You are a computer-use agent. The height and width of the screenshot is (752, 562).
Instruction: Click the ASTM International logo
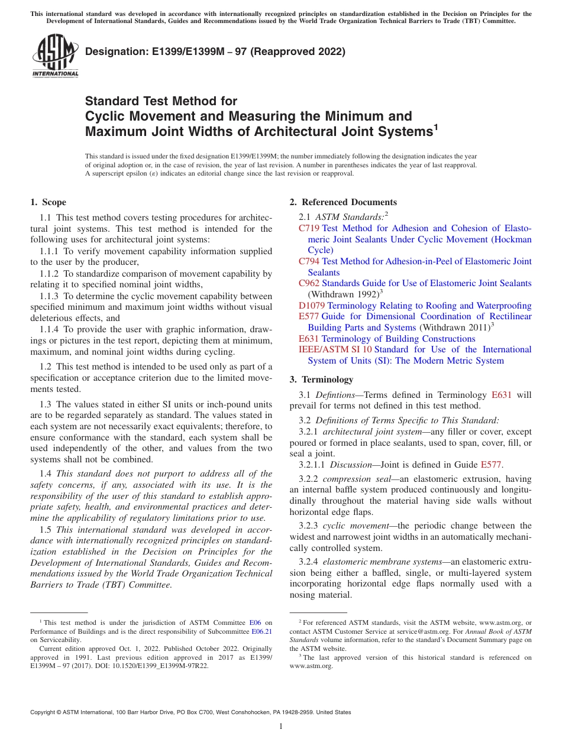pyautogui.click(x=55, y=57)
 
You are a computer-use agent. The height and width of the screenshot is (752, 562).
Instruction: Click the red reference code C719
pyautogui.click(x=309, y=228)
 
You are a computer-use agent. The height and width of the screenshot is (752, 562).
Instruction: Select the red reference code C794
pyautogui.click(x=309, y=261)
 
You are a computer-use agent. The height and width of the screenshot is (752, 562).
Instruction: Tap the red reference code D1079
pyautogui.click(x=312, y=306)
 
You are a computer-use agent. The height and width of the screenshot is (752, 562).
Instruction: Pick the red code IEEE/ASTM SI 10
pyautogui.click(x=335, y=349)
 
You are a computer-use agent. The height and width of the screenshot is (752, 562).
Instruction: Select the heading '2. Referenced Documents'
pyautogui.click(x=343, y=202)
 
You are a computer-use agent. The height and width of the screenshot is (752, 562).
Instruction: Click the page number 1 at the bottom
pyautogui.click(x=281, y=727)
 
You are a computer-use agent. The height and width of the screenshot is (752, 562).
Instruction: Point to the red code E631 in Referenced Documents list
pyautogui.click(x=309, y=339)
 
